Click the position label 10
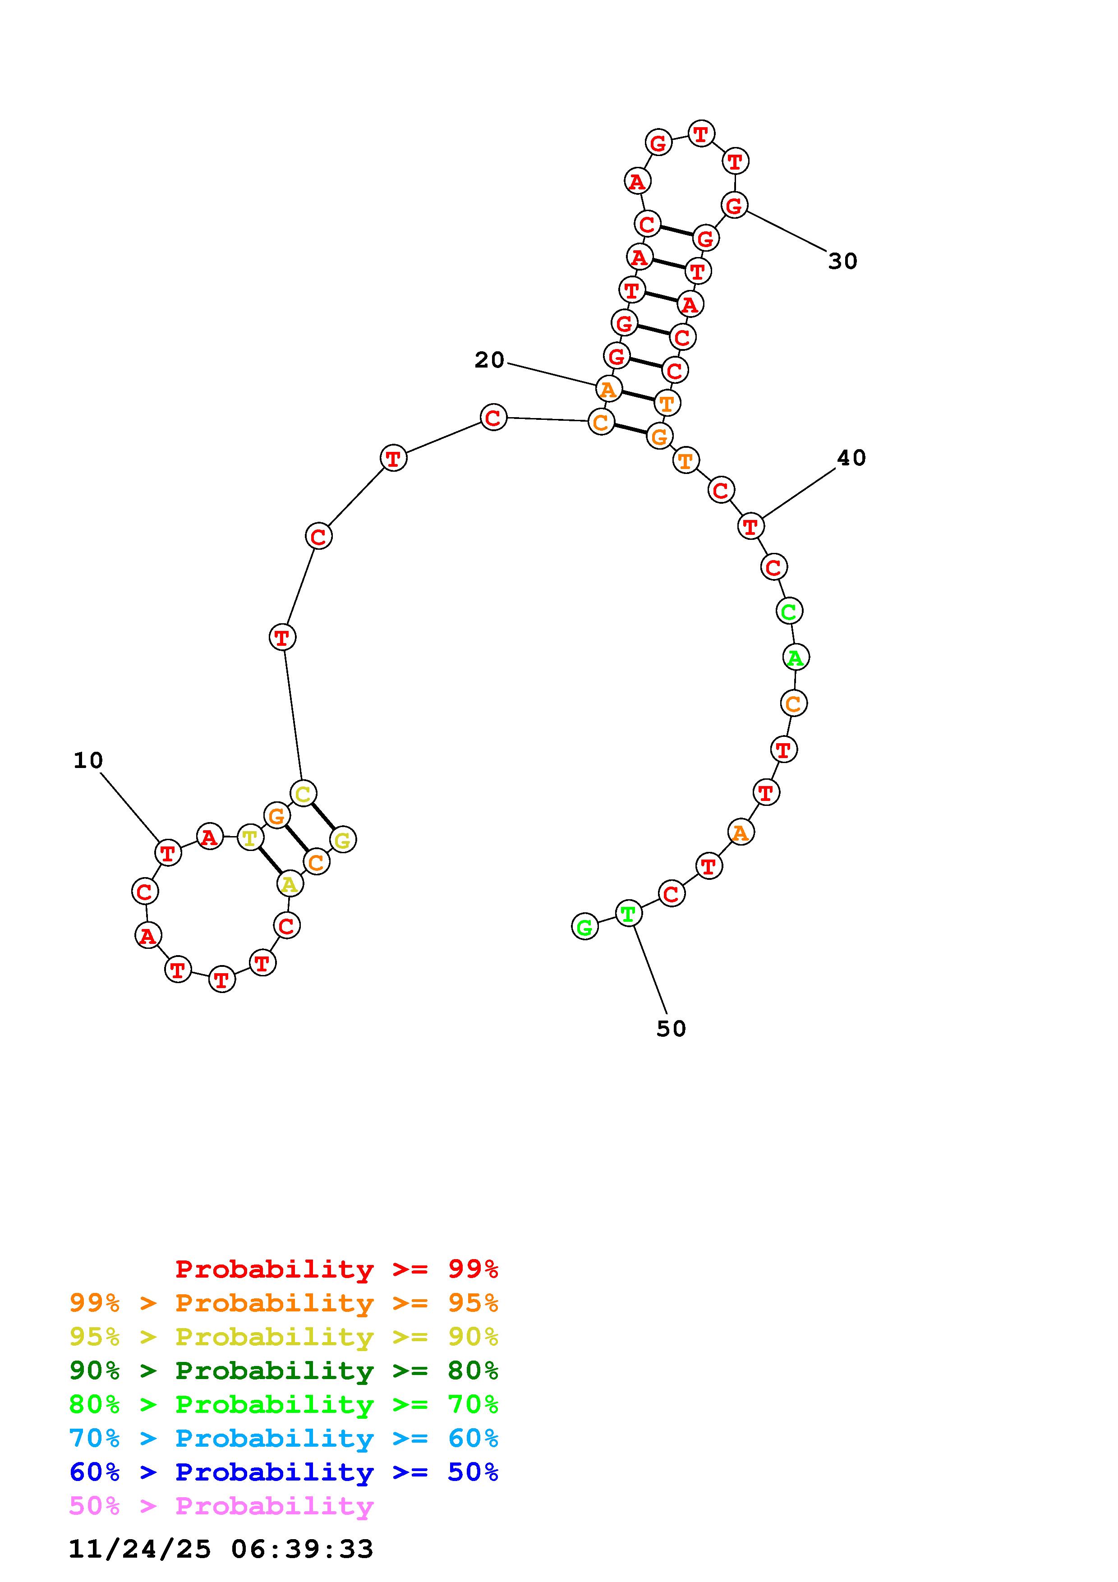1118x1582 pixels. coord(88,761)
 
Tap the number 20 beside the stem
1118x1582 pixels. coord(490,360)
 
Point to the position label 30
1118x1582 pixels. coord(842,261)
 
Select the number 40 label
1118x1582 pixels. coord(851,458)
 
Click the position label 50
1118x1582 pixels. coord(672,1029)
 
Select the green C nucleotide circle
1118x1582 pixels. coord(789,611)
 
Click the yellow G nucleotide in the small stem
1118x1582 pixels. coord(342,840)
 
